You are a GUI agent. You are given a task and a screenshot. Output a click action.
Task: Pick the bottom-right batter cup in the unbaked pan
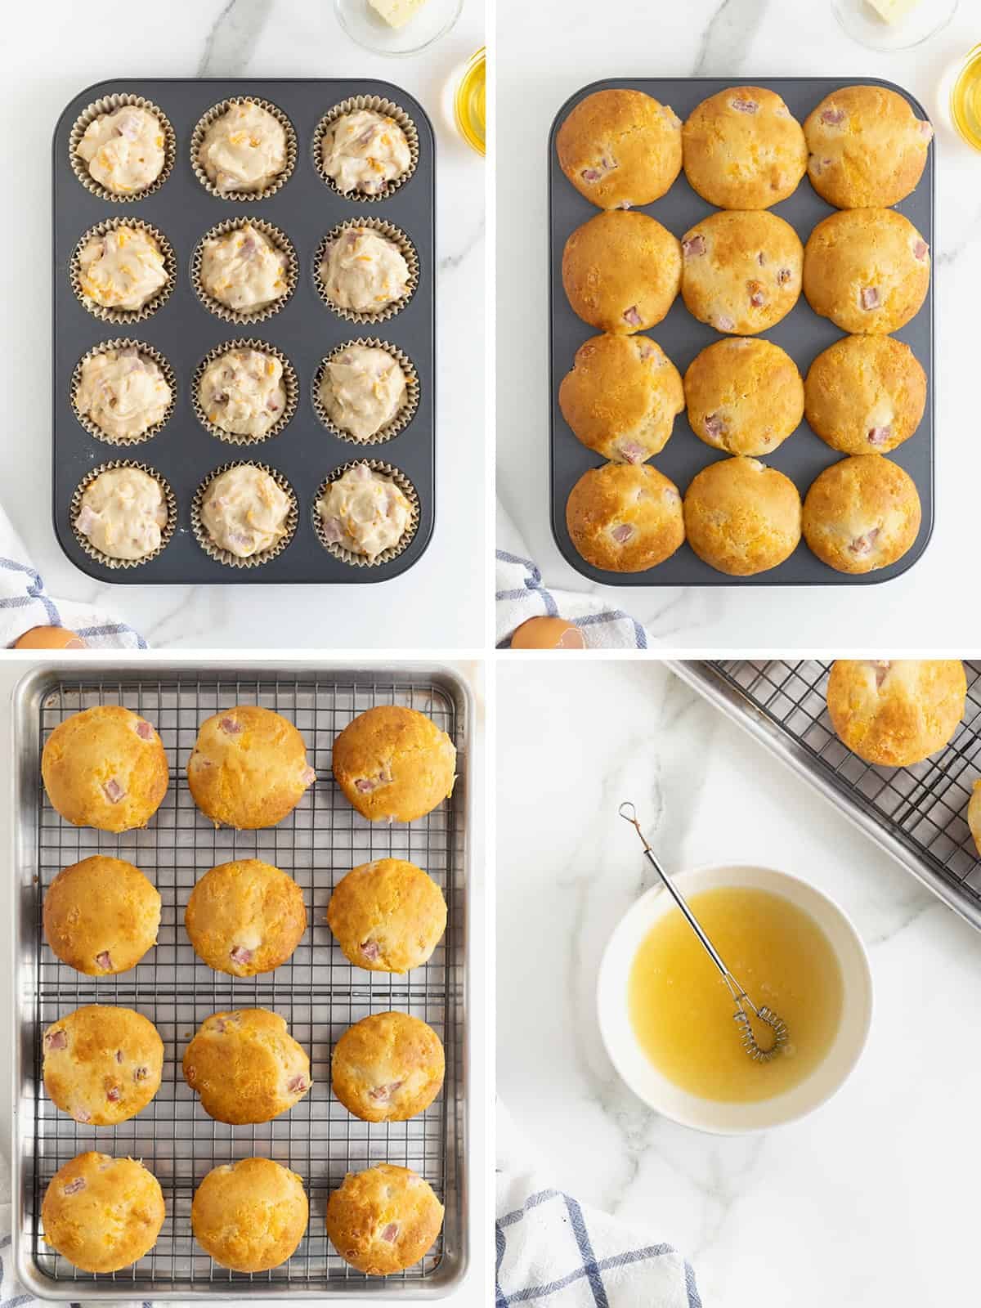tap(365, 510)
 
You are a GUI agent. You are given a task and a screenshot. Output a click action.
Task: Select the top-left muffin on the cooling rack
tap(105, 769)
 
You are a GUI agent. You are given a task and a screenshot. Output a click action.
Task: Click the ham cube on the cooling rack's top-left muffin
tap(113, 791)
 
